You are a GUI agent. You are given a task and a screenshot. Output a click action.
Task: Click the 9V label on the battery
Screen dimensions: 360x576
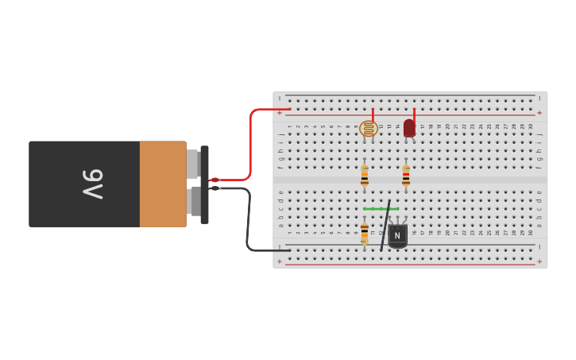click(x=93, y=184)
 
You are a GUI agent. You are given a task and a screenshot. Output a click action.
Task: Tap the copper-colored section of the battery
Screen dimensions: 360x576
click(x=163, y=184)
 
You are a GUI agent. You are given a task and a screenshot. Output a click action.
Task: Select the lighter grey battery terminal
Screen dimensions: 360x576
click(x=192, y=164)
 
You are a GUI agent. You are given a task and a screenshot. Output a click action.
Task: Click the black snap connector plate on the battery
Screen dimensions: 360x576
click(x=205, y=184)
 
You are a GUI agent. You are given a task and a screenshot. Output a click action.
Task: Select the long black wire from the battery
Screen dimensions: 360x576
click(x=248, y=223)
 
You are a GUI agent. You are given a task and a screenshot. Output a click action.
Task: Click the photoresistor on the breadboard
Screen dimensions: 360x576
click(x=369, y=129)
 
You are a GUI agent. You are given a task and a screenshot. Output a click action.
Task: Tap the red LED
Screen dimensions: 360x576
click(x=409, y=128)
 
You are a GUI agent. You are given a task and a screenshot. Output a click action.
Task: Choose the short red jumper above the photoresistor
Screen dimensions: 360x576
click(x=373, y=114)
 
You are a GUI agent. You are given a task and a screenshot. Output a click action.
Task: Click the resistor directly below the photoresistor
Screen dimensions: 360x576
click(x=365, y=176)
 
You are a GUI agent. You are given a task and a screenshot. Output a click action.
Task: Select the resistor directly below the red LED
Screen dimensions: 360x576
click(x=406, y=176)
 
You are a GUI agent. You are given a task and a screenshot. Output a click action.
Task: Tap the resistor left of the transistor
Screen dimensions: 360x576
click(x=365, y=233)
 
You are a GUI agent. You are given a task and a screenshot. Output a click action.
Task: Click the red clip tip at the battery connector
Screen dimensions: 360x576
click(x=215, y=180)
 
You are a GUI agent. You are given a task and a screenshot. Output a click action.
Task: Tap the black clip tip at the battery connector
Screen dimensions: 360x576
click(x=215, y=188)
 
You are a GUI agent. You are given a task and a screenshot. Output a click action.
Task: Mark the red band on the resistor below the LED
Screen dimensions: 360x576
click(x=406, y=176)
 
